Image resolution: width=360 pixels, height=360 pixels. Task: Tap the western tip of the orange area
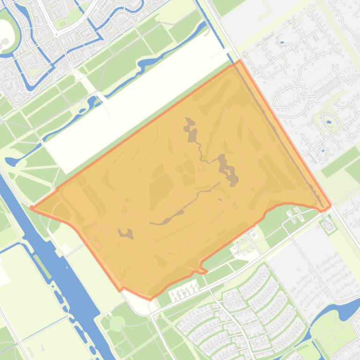pyautogui.click(x=31, y=207)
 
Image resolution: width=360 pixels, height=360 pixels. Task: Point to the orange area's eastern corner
pyautogui.click(x=331, y=205)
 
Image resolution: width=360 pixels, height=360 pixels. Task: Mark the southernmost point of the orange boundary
pyautogui.click(x=150, y=299)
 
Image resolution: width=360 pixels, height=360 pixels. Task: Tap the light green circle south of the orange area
pyautogui.click(x=117, y=323)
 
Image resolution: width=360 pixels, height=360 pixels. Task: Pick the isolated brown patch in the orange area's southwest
pyautogui.click(x=125, y=233)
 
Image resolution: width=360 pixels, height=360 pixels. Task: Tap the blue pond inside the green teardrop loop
pyautogui.click(x=329, y=122)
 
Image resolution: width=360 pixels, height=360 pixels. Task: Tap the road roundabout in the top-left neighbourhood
pyautogui.click(x=56, y=34)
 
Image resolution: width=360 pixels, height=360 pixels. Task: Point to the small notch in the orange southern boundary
pyautogui.click(x=202, y=270)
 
